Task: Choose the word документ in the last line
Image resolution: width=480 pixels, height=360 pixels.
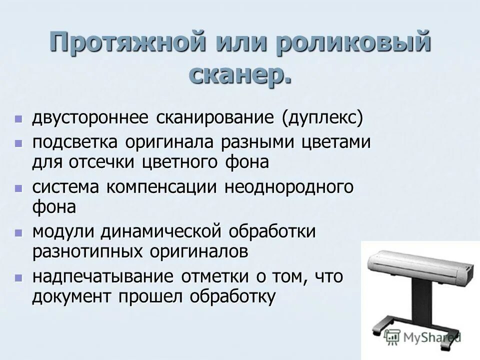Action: tap(71, 297)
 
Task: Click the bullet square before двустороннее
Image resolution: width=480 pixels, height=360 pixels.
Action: tap(18, 119)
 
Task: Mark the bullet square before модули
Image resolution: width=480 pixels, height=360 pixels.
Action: tap(18, 232)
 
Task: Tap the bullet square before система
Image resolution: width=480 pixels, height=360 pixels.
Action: tap(18, 188)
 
